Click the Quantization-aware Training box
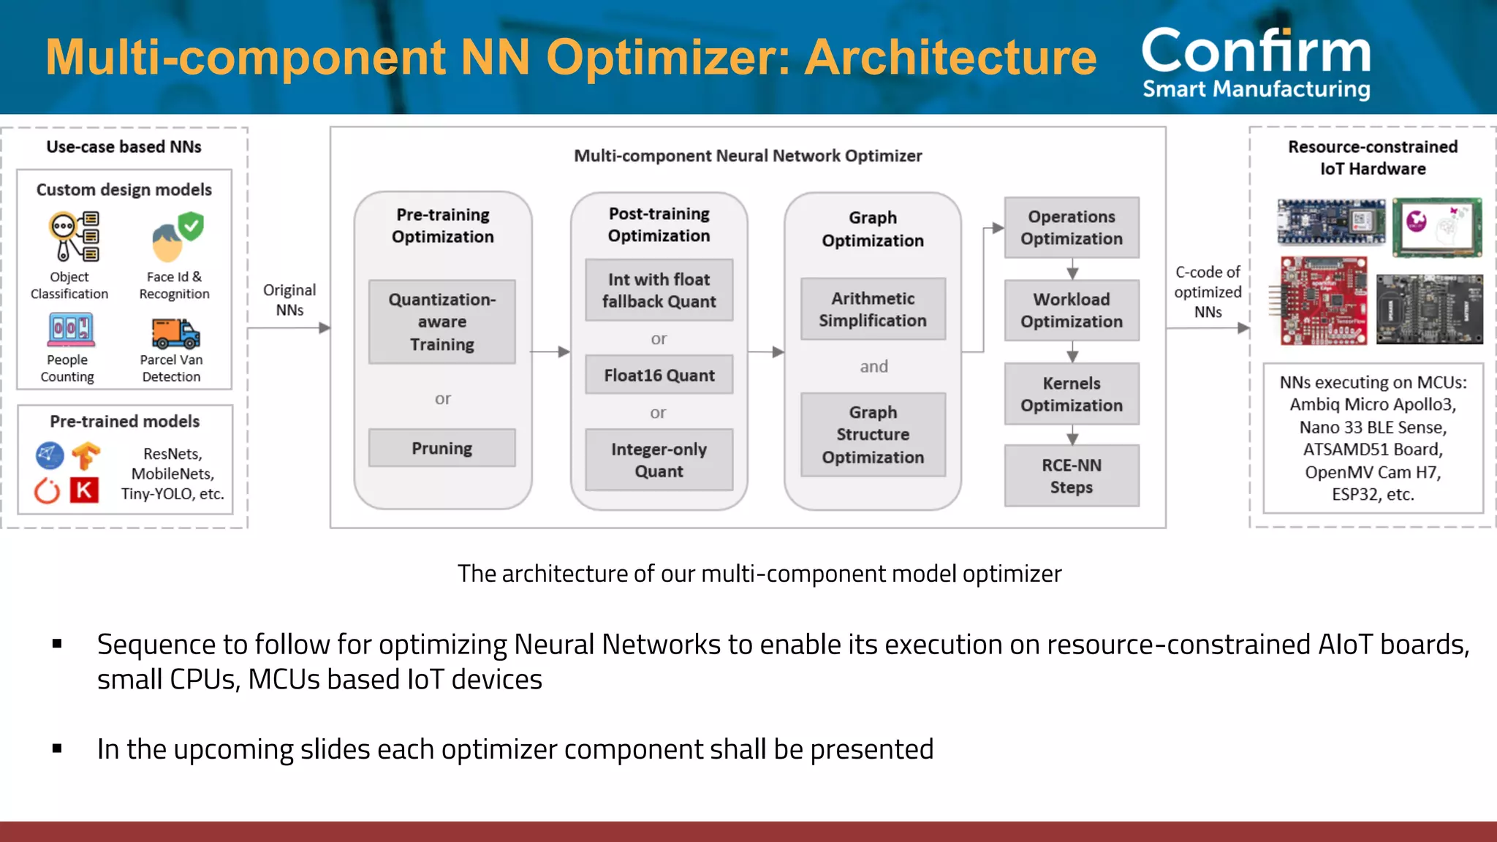coord(441,322)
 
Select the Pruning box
coord(441,448)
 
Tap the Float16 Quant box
coord(659,375)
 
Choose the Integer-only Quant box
coord(659,460)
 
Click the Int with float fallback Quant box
coord(659,290)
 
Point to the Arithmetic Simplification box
coord(873,309)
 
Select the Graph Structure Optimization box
coord(873,435)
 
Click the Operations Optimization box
coord(1072,227)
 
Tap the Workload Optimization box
coord(1072,311)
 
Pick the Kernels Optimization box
coord(1072,394)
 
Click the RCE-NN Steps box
coord(1072,476)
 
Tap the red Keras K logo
coord(84,490)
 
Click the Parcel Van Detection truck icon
coord(175,333)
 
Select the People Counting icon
coord(71,330)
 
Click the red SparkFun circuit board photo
coord(1324,300)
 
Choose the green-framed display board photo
coord(1437,227)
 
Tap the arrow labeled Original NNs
coord(289,328)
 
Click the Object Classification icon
coord(74,236)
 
